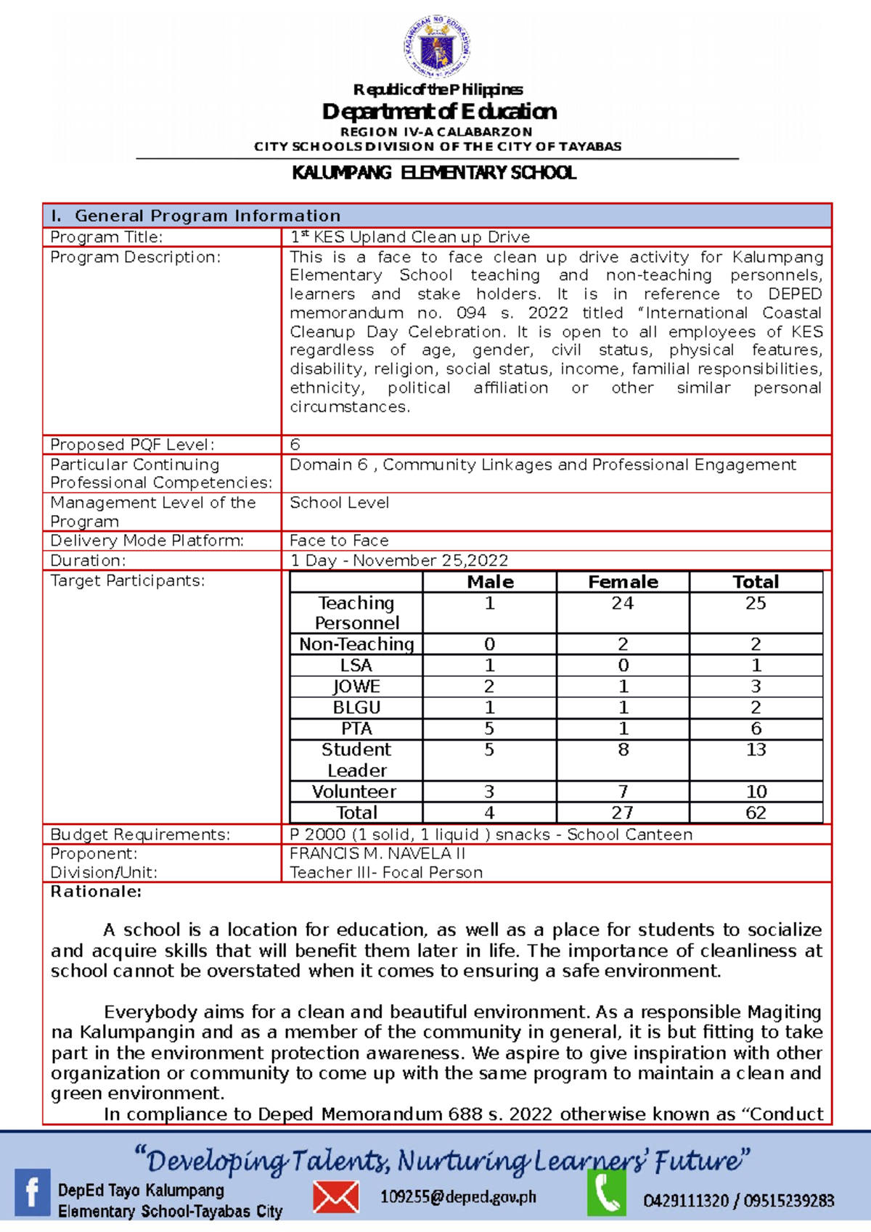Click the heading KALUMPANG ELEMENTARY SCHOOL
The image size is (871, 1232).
click(x=434, y=173)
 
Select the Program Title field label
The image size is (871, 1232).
click(x=106, y=237)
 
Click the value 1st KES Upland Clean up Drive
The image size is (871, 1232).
click(x=410, y=237)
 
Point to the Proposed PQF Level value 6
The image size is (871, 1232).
click(x=295, y=444)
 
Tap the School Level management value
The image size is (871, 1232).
click(x=339, y=503)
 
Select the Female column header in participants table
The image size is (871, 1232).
click(x=623, y=582)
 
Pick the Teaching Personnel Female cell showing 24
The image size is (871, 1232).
click(x=622, y=604)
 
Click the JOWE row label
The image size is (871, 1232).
click(x=356, y=686)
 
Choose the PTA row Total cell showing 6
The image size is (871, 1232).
click(x=756, y=728)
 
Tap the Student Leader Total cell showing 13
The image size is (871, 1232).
click(x=756, y=750)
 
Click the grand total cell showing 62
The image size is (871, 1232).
click(x=756, y=813)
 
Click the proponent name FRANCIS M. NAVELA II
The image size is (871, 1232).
click(x=377, y=854)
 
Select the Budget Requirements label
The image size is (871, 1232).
click(x=140, y=834)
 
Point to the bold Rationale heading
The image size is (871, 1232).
click(x=96, y=892)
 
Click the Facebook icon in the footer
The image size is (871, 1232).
click(x=33, y=1192)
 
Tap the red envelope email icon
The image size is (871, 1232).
click(x=335, y=1196)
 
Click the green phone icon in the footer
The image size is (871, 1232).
click(x=606, y=1194)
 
